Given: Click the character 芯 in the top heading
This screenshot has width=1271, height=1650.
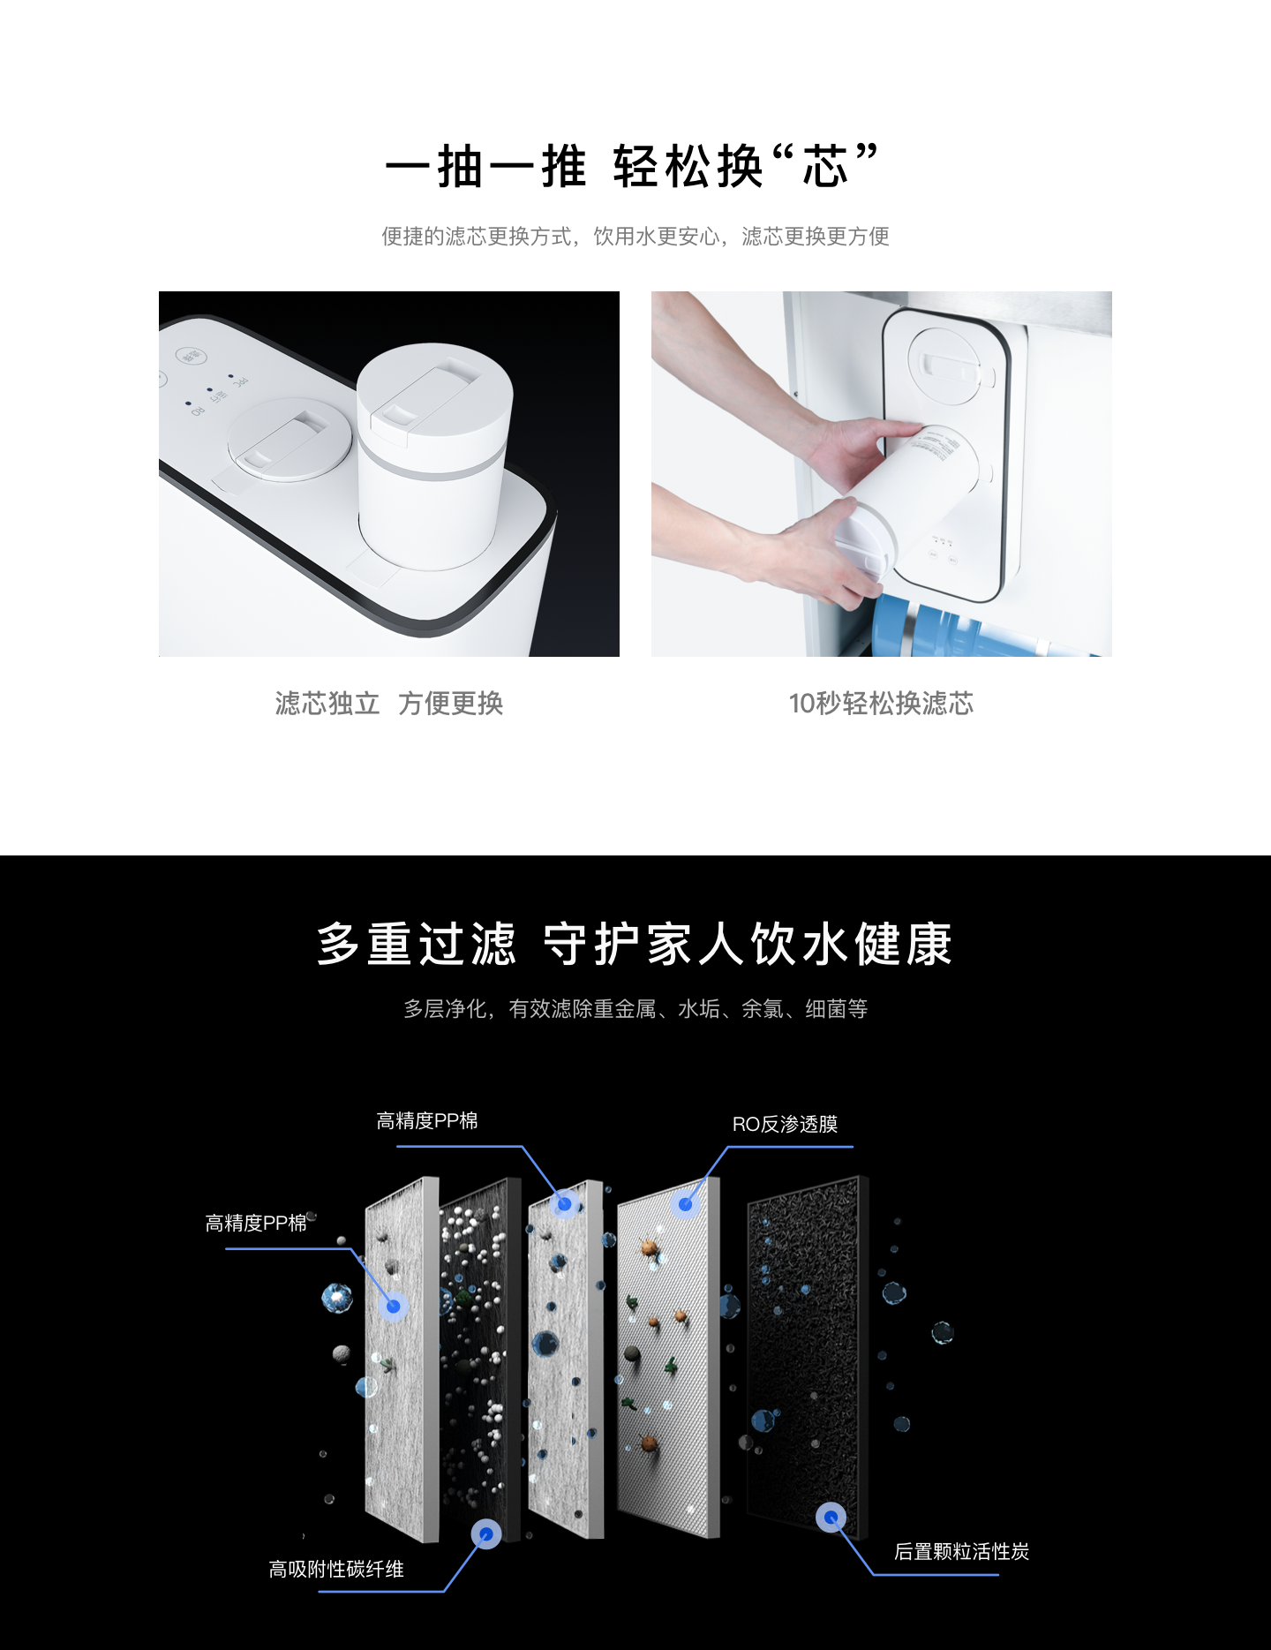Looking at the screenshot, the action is (x=825, y=166).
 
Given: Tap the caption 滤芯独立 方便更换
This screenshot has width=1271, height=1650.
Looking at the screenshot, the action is (x=389, y=704).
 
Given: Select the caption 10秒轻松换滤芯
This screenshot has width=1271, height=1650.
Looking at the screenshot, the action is (x=881, y=704).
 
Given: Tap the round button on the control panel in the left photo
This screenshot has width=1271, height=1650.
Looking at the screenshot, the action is (x=191, y=356).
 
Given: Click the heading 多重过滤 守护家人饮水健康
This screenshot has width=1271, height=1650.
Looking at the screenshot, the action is (x=635, y=944).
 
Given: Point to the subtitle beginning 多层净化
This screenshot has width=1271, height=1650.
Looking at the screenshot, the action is (x=635, y=1008).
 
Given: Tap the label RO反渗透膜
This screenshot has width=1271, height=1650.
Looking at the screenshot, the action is (x=785, y=1124).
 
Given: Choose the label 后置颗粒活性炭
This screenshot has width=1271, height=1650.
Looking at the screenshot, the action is (x=961, y=1551).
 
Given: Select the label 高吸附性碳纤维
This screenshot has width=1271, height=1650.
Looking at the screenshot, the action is (x=336, y=1569).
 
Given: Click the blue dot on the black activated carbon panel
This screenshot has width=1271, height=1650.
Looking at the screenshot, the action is (x=831, y=1518).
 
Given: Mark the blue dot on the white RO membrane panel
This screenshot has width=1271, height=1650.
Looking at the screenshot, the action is (x=685, y=1203).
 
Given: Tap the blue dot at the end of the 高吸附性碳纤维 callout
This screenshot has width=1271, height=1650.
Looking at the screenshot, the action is (x=485, y=1534).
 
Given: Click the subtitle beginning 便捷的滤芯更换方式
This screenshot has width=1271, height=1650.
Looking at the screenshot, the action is (x=635, y=237).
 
